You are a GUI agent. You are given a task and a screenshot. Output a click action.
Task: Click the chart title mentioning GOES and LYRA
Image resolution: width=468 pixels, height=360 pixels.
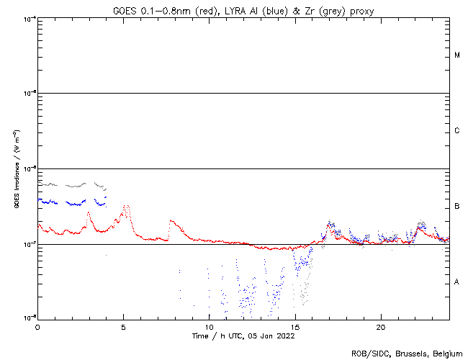243,10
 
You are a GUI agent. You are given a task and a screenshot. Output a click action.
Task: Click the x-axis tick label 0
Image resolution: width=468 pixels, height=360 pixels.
37,326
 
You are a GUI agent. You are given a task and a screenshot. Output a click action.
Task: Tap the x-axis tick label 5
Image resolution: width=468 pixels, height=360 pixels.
123,326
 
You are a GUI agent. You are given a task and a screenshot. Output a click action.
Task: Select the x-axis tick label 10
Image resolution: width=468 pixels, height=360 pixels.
209,326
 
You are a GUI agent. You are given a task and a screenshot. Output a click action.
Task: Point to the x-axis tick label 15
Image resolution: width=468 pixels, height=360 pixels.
294,326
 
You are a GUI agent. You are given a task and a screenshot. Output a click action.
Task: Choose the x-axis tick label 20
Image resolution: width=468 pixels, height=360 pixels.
381,326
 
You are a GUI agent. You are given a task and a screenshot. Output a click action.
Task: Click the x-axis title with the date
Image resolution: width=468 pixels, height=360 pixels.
243,336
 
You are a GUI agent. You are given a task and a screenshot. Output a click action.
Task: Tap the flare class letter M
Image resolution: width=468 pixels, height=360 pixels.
457,55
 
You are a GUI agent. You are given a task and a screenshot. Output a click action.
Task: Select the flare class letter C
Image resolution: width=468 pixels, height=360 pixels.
457,131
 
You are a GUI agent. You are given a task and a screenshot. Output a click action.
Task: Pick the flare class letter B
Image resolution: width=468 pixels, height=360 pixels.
457,207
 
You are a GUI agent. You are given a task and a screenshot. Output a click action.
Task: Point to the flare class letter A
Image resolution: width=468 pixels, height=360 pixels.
457,282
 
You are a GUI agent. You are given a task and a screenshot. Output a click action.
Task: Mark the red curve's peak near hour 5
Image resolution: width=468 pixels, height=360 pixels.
126,206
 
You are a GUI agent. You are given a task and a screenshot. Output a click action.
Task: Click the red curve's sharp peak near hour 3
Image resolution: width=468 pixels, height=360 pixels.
89,212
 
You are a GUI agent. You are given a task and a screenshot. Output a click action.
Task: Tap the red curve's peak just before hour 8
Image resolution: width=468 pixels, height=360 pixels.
171,220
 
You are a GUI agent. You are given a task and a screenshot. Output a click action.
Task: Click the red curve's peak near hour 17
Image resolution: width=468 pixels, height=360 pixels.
329,224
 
